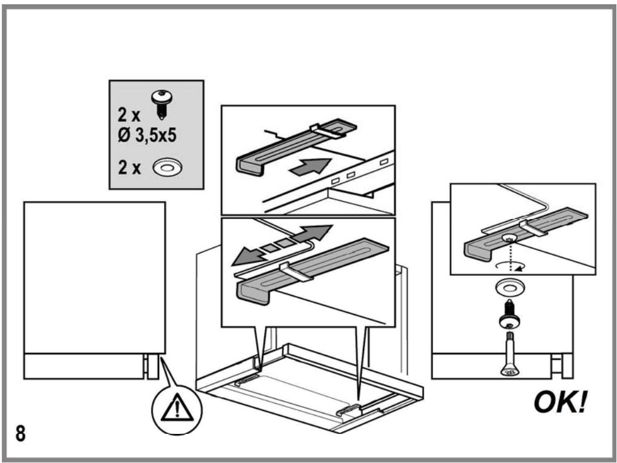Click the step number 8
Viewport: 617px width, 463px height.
click(x=21, y=433)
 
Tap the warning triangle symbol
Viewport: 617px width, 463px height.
click(x=177, y=408)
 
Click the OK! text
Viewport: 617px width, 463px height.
click(x=560, y=402)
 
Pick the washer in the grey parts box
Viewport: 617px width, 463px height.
click(x=168, y=168)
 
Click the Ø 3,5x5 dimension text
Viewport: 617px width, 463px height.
click(x=147, y=136)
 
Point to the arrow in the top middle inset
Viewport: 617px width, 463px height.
click(x=310, y=166)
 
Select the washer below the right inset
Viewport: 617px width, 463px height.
click(x=509, y=288)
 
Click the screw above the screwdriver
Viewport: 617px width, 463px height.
click(x=509, y=315)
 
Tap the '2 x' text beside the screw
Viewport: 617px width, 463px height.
click(x=129, y=114)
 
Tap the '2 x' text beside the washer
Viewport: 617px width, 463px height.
click(x=129, y=167)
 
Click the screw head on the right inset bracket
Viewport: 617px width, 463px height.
click(x=509, y=238)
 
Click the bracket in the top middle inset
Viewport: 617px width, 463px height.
click(x=296, y=147)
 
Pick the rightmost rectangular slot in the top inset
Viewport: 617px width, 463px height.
click(x=384, y=162)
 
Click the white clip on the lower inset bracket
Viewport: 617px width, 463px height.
click(x=296, y=272)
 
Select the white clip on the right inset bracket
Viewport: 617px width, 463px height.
click(x=534, y=228)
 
